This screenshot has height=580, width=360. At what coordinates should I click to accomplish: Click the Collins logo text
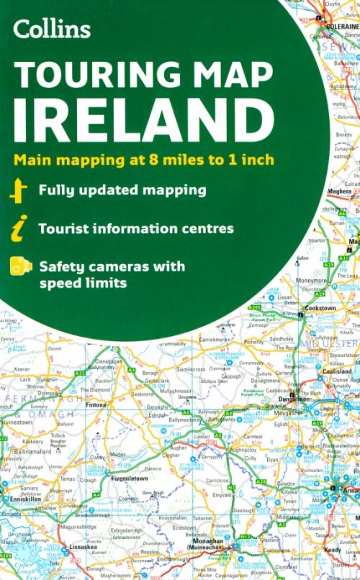(x=50, y=29)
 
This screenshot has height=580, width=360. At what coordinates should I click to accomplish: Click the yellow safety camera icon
(x=20, y=267)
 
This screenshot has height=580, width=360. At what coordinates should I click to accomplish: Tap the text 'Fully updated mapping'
(x=122, y=191)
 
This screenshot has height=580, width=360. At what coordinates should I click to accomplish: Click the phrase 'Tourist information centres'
(x=136, y=229)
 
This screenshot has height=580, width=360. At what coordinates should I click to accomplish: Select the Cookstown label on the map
(x=320, y=307)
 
